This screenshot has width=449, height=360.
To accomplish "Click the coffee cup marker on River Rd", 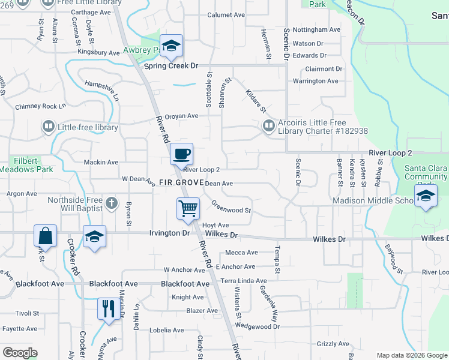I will (x=181, y=154).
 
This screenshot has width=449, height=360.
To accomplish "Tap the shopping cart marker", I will (x=188, y=209).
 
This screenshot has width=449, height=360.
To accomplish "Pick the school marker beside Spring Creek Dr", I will (x=171, y=47).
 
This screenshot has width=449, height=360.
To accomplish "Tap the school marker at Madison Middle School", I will (x=426, y=196).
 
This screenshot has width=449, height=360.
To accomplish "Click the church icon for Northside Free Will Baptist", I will (x=111, y=204).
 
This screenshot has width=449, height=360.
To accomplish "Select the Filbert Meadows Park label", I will (x=26, y=165).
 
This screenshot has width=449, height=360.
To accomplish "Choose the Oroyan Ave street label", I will (x=181, y=116).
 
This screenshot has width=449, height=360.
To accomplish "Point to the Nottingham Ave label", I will (x=318, y=29).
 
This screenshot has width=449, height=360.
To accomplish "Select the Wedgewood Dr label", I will (x=258, y=326).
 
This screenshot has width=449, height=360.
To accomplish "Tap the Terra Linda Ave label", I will (x=244, y=281).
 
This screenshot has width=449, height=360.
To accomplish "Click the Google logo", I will (x=20, y=353).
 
